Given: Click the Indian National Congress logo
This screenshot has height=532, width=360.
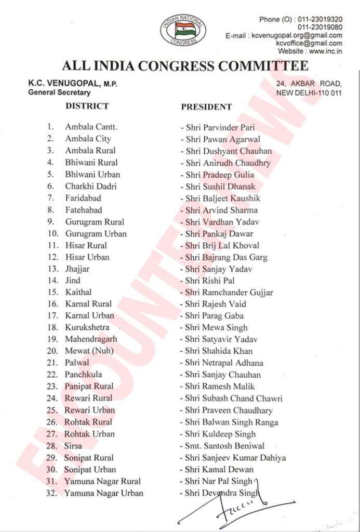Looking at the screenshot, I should pyautogui.click(x=179, y=30).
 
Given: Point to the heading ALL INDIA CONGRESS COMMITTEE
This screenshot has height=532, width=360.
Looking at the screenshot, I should pyautogui.click(x=184, y=66).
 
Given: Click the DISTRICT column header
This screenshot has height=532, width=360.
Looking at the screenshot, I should pyautogui.click(x=87, y=106).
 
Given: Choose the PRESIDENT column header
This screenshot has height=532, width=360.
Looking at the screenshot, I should pyautogui.click(x=206, y=107).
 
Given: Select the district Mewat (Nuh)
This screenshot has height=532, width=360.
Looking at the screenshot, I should pyautogui.click(x=89, y=351).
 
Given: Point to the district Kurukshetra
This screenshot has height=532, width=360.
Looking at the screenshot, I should pyautogui.click(x=87, y=327).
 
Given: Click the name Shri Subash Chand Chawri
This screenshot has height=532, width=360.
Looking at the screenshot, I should pyautogui.click(x=234, y=398).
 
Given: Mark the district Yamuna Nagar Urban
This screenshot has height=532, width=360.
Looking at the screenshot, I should pyautogui.click(x=104, y=493).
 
